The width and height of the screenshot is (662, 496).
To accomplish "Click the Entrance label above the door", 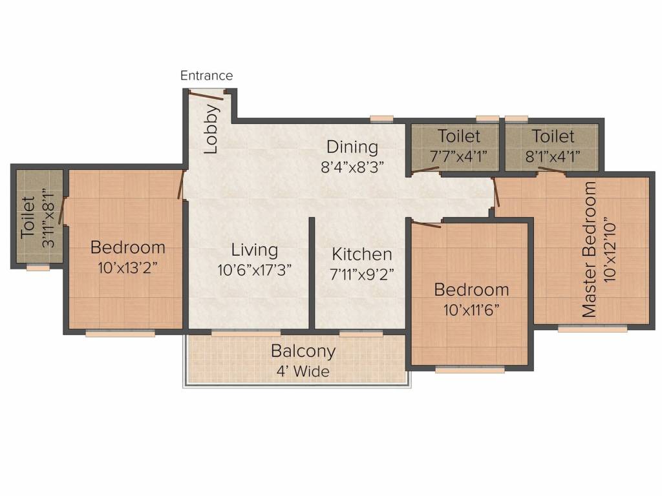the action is [x=206, y=76].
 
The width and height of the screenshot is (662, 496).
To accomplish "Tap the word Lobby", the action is [x=211, y=129].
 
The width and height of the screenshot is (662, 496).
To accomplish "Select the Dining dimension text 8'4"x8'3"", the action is [x=352, y=167].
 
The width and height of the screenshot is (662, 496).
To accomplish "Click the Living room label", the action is [x=254, y=250].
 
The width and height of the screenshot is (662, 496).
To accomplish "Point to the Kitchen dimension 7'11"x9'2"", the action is [x=362, y=274].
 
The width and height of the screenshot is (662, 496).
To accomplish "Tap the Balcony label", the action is [x=303, y=351].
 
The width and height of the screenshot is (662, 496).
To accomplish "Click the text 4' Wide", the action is [x=303, y=371].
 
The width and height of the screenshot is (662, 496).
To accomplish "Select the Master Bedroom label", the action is [x=589, y=249].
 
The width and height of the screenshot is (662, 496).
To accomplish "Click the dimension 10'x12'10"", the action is [x=610, y=250].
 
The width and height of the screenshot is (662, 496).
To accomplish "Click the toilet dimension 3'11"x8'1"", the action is [x=49, y=218].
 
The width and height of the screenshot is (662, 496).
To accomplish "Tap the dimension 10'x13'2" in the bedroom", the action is [x=127, y=267].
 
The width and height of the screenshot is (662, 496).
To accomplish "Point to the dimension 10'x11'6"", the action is [x=471, y=310].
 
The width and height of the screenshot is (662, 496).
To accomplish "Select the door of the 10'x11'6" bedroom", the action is [x=427, y=224].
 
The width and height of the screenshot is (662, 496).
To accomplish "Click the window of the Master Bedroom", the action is [x=592, y=329].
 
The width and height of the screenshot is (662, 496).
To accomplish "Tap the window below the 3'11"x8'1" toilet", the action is [x=38, y=268].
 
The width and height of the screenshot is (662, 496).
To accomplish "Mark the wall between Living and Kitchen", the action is [x=312, y=273].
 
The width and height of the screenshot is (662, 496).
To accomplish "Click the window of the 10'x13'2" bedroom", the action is [x=120, y=334].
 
